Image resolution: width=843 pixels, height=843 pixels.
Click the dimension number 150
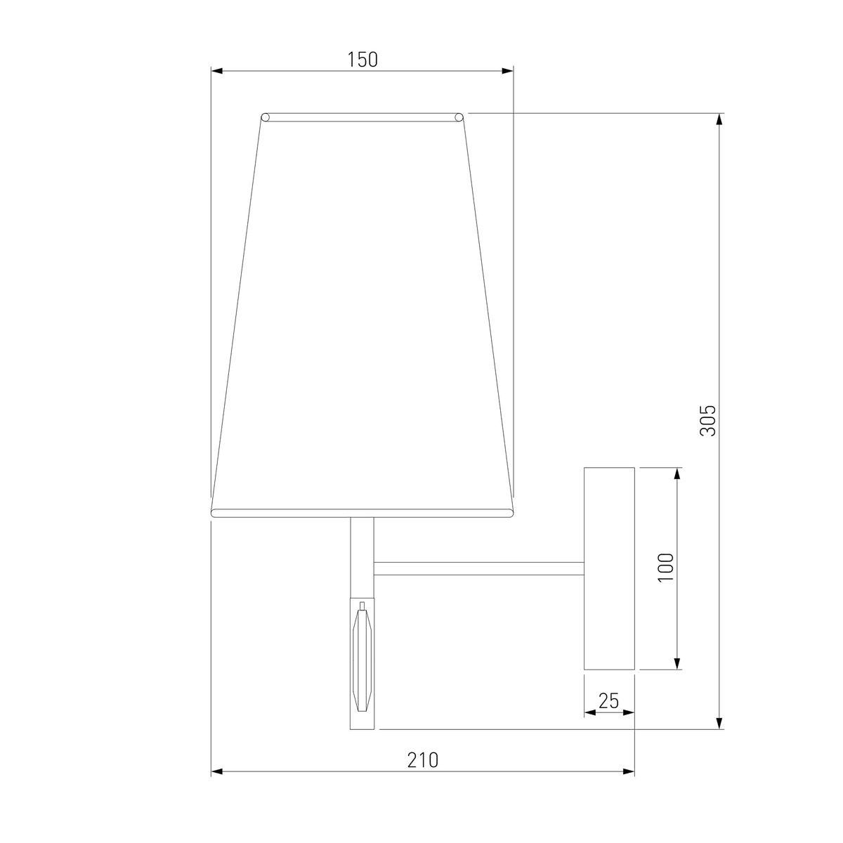(362, 60)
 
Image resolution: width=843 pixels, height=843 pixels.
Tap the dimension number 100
(666, 567)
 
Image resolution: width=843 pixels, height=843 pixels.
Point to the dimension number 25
(608, 700)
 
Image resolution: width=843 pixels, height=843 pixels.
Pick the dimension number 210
(422, 760)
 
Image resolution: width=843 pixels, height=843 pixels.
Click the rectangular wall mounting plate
(609, 568)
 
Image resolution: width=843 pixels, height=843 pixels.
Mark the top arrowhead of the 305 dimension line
(719, 119)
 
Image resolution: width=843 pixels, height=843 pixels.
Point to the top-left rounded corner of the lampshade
(266, 117)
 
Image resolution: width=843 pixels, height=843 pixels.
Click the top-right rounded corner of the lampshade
(459, 117)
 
